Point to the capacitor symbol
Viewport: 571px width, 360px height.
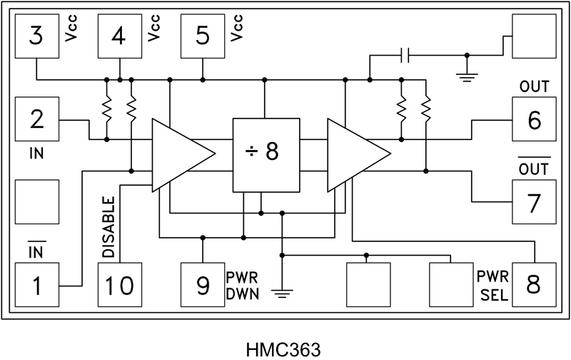click(x=405, y=55)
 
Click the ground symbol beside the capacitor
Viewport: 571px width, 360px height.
click(x=468, y=75)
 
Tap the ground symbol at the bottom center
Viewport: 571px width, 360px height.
click(x=283, y=291)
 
